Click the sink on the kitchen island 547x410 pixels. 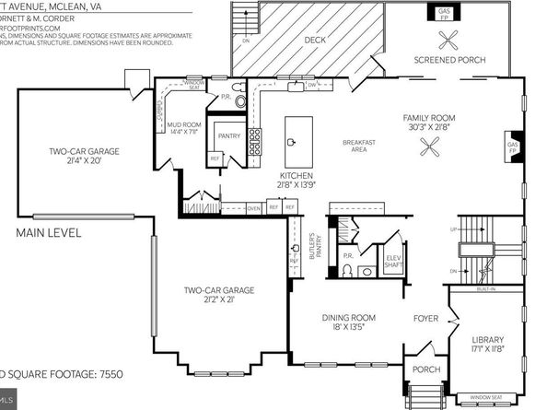coord(291,142)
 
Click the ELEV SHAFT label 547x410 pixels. coord(391,261)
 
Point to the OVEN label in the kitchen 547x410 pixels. coord(254,208)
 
